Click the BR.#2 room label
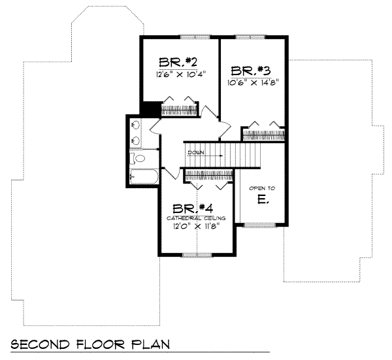pyautogui.click(x=178, y=62)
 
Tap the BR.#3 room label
pyautogui.click(x=251, y=71)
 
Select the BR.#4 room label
pyautogui.click(x=193, y=209)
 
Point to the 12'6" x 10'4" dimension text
pyautogui.click(x=181, y=74)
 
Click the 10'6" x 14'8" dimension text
pyautogui.click(x=253, y=82)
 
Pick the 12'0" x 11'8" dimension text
pyautogui.click(x=196, y=226)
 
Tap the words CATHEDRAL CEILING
pyautogui.click(x=196, y=218)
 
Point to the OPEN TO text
pyautogui.click(x=262, y=188)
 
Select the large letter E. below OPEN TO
pyautogui.click(x=263, y=199)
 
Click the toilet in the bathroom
pyautogui.click(x=137, y=158)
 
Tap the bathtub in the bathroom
pyautogui.click(x=144, y=176)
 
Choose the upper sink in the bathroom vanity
pyautogui.click(x=136, y=125)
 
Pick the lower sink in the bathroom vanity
pyautogui.click(x=136, y=140)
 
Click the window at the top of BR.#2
pyautogui.click(x=195, y=37)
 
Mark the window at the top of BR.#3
pyautogui.click(x=250, y=37)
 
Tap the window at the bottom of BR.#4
pyautogui.click(x=197, y=255)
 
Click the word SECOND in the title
pyautogui.click(x=40, y=344)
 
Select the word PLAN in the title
pyautogui.click(x=150, y=344)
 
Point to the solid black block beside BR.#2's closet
pyautogui.click(x=150, y=108)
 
